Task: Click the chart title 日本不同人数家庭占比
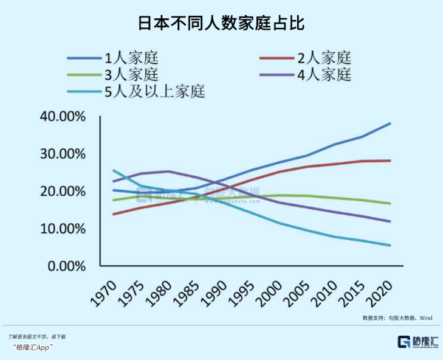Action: tap(221, 24)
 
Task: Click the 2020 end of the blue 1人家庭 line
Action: tap(390, 123)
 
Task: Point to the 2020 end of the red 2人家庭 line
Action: tap(390, 161)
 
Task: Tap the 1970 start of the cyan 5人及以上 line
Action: tap(114, 170)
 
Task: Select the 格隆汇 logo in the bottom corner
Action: tap(418, 342)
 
